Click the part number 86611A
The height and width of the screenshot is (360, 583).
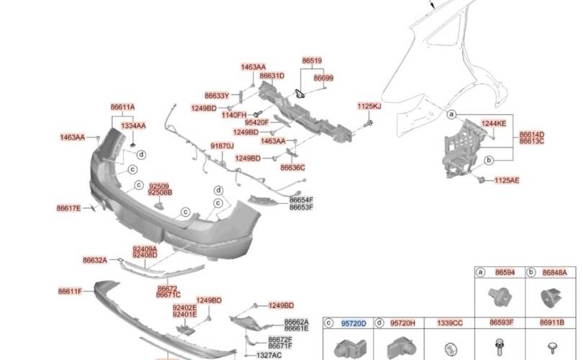(122, 107)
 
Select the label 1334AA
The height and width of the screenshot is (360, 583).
(133, 126)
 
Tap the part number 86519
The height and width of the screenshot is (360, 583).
(312, 63)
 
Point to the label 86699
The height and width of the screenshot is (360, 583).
(323, 78)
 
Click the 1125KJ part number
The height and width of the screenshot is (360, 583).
(369, 107)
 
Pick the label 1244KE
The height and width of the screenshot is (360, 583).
(494, 124)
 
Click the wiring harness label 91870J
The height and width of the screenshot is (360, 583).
(222, 145)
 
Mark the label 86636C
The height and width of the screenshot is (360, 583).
(292, 167)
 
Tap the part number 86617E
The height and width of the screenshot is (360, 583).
(69, 209)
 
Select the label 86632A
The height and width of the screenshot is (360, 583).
(94, 260)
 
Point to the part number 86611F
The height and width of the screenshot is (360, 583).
(70, 292)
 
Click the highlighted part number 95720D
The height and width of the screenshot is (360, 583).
(353, 324)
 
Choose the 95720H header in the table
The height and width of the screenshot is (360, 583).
(402, 324)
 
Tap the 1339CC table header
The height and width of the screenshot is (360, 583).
(451, 324)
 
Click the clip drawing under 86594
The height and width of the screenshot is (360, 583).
(498, 296)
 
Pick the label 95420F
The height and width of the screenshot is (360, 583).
(256, 123)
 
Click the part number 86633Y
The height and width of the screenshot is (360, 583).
(216, 95)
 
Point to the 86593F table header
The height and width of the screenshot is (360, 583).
(501, 324)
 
